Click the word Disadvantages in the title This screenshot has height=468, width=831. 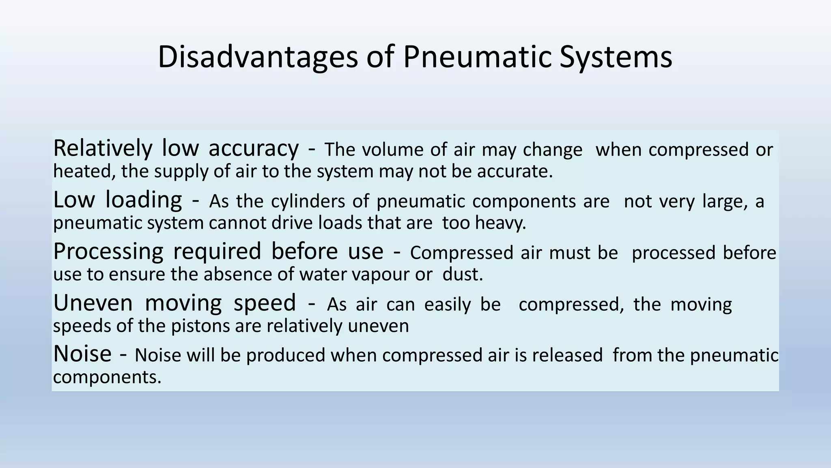coord(258,57)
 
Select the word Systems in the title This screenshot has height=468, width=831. coord(616,57)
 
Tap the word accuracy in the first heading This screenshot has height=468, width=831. coord(254,148)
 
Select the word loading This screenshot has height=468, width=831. coord(144,200)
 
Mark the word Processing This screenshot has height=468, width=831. coord(108,251)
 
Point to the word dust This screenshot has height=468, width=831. coord(463,274)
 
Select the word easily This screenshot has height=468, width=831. coord(448,305)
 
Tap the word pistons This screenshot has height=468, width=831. coord(196,326)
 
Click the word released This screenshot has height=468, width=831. coord(567,355)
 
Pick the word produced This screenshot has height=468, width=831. coord(286,355)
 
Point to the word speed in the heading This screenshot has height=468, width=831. coord(265,303)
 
